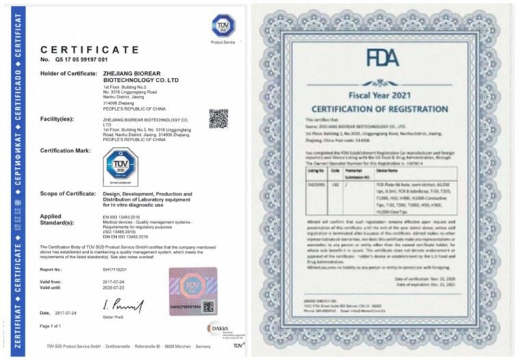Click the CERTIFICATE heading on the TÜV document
89,50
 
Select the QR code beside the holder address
218,118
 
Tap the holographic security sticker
193,290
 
